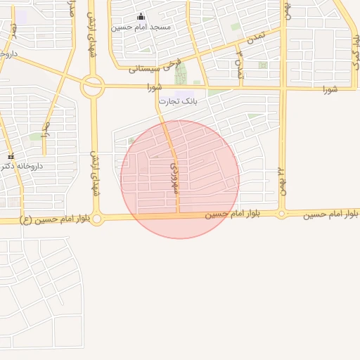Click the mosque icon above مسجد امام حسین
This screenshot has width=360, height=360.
pos(141,17)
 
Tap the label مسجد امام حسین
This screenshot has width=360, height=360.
pos(141,27)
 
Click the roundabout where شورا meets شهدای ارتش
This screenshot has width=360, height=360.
pos(92,87)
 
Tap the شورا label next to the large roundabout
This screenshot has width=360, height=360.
pos(154,88)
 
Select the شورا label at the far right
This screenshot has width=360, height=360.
pos(330,89)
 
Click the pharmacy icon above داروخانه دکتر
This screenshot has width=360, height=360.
pos(11,155)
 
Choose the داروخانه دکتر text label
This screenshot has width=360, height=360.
pos(21,166)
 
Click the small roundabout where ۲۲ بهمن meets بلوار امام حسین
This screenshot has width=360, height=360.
pos(282,213)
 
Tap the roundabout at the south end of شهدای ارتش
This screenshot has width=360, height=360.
pos(97,219)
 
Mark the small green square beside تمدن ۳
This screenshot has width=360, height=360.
pos(262,65)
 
